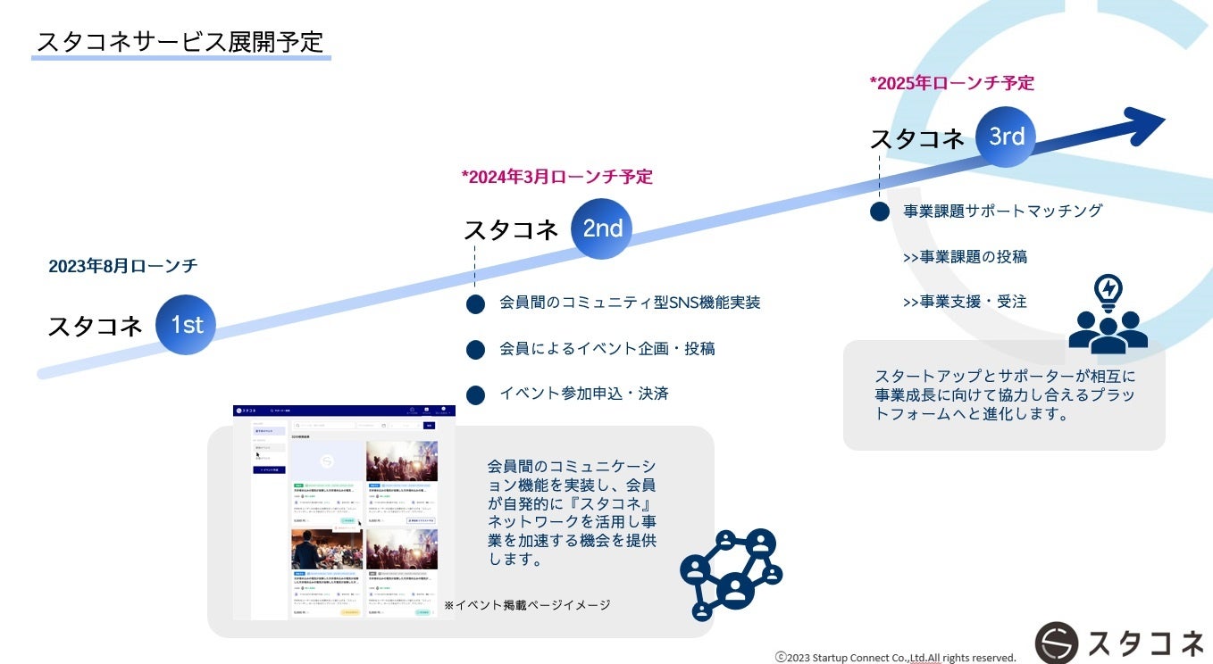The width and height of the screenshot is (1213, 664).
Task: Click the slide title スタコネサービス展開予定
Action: tap(180, 41)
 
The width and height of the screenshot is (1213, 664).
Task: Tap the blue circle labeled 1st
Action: tap(186, 325)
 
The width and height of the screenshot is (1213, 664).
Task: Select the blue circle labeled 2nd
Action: tap(602, 228)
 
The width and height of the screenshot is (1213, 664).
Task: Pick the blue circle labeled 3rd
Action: tap(1006, 137)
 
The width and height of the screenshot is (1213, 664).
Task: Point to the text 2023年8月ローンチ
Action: tap(123, 266)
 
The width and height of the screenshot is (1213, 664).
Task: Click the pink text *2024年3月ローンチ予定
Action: tap(556, 177)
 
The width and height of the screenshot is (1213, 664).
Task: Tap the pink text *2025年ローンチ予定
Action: tap(951, 83)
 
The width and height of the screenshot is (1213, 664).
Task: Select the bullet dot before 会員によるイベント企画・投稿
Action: tap(475, 349)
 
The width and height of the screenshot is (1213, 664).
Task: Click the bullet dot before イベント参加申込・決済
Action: tap(475, 394)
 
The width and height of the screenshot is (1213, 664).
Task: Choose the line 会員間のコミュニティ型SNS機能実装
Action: tap(630, 303)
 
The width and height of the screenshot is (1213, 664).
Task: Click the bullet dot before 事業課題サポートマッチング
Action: tap(880, 212)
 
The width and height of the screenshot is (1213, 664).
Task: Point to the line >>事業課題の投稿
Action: tap(965, 257)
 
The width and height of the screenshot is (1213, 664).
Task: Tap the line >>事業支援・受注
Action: tap(965, 302)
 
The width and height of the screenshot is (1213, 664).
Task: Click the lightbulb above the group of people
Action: tap(1108, 291)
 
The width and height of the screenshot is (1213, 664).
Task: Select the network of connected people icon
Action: tap(731, 574)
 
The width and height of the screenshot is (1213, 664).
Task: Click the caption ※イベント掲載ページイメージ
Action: tap(527, 605)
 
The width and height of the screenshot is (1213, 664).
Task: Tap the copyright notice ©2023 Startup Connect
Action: tap(895, 657)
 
